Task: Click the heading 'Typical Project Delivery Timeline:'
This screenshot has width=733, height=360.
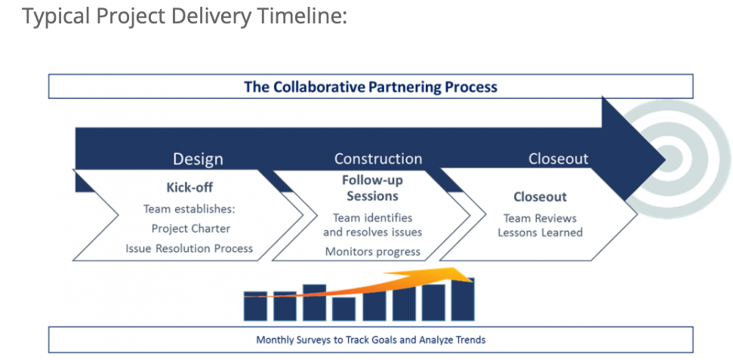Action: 184,16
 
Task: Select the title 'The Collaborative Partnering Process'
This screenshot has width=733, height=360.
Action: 370,87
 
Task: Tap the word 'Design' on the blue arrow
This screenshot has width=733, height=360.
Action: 198,158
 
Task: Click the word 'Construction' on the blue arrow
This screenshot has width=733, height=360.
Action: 378,158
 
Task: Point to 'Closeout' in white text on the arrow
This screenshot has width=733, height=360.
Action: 558,158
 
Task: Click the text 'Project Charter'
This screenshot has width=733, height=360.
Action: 191,228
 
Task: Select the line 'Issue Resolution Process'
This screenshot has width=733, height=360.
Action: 189,248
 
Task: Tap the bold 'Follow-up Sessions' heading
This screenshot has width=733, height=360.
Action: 372,188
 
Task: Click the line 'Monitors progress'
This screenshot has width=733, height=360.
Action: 372,251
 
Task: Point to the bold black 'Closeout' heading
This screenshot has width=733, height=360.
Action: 540,197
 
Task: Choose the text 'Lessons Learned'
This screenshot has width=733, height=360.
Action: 540,232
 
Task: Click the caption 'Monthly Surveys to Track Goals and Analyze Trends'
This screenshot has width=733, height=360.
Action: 371,340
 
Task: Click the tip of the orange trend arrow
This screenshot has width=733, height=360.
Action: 471,274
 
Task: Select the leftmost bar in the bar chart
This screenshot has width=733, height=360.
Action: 255,306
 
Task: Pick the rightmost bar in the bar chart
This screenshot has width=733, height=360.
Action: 463,300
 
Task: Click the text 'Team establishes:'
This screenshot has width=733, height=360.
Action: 190,208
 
